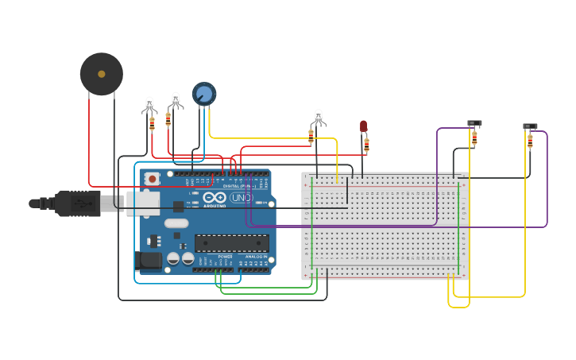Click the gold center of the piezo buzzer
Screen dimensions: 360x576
pos(102,74)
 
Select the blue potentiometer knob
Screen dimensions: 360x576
pos(204,95)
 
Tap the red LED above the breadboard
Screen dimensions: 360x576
pos(363,126)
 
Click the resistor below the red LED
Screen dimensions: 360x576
pos(366,145)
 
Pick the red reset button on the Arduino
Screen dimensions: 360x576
pos(151,179)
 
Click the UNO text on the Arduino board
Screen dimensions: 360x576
pos(242,197)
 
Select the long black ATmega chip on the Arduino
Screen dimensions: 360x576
pos(231,243)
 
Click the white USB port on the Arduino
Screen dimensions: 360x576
pos(143,203)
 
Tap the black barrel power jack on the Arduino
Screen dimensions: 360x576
pos(149,260)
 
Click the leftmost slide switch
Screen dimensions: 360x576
pos(474,123)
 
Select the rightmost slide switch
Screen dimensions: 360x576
pos(530,126)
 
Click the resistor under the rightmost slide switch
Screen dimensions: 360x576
pos(530,141)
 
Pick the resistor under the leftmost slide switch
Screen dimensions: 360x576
pos(474,139)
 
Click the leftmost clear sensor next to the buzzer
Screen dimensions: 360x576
pos(149,104)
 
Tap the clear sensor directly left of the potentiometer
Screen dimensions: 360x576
pos(176,100)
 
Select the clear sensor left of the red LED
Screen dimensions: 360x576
pos(319,118)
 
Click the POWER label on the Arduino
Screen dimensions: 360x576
pos(226,257)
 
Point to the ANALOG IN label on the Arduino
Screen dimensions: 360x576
pos(256,257)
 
